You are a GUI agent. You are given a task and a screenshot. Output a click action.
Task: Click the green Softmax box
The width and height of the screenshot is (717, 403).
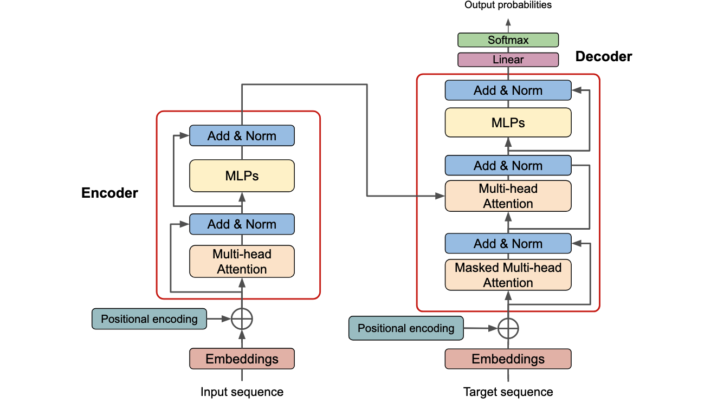click(x=508, y=40)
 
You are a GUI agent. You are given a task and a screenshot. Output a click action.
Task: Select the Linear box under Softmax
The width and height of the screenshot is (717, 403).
click(x=508, y=60)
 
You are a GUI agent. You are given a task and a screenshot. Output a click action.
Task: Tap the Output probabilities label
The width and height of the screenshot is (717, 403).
click(x=508, y=5)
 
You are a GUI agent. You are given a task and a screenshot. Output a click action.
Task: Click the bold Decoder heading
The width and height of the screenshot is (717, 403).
click(x=603, y=56)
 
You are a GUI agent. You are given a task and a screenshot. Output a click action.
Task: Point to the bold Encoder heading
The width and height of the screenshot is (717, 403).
click(x=109, y=193)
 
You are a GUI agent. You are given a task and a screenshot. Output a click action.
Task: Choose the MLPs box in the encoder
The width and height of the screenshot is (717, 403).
click(x=242, y=175)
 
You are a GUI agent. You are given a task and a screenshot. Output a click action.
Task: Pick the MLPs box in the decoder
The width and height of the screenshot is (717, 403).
click(x=508, y=122)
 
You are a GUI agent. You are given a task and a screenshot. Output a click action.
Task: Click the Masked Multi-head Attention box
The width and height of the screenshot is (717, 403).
click(x=508, y=275)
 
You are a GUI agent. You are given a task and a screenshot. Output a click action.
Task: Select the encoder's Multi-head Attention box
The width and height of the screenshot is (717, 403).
click(x=242, y=261)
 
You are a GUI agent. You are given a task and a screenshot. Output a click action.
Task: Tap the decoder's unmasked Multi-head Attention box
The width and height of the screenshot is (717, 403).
click(x=508, y=196)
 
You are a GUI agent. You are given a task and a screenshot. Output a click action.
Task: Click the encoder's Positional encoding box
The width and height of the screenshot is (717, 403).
click(x=149, y=319)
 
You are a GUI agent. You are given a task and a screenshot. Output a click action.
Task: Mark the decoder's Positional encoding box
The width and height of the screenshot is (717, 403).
click(x=405, y=328)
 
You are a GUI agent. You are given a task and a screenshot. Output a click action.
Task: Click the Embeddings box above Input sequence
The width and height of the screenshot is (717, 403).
click(x=242, y=359)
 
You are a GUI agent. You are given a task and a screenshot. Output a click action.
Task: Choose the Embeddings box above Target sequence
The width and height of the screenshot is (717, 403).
click(x=508, y=359)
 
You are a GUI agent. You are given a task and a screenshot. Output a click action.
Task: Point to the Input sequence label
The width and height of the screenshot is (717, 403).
click(x=242, y=392)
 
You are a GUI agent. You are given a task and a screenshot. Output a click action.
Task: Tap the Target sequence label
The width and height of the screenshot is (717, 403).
click(x=508, y=392)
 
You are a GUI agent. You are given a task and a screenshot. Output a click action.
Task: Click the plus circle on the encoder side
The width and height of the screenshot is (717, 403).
click(x=242, y=319)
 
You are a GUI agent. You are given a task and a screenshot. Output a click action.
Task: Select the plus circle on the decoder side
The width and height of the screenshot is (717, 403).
click(x=508, y=328)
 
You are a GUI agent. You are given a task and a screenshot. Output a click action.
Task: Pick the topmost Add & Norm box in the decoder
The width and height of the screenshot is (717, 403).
click(x=508, y=90)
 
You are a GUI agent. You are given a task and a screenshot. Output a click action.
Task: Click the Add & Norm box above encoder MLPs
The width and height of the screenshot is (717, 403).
click(x=242, y=136)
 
